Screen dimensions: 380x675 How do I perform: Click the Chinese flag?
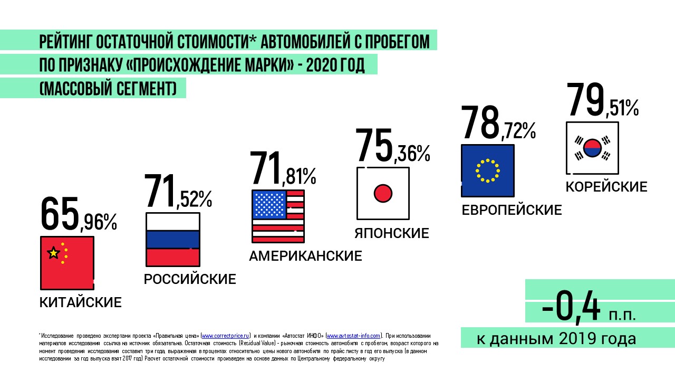(67, 262)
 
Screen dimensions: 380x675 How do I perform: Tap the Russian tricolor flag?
(172, 239)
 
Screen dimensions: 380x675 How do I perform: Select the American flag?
(278, 216)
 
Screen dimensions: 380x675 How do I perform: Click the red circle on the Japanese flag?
(383, 193)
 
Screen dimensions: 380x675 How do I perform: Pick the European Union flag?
(487, 170)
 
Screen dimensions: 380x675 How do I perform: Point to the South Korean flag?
(592, 148)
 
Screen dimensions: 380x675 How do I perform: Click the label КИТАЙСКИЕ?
(80, 302)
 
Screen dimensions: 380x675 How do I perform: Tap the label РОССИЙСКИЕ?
(190, 279)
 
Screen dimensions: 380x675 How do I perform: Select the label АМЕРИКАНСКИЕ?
(305, 256)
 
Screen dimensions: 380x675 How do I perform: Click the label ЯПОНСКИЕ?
(391, 233)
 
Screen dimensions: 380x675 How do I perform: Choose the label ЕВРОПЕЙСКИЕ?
(512, 210)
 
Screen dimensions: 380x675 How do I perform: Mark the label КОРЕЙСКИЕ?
(606, 187)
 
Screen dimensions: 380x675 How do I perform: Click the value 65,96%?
(78, 214)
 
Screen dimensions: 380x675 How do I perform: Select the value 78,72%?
(498, 122)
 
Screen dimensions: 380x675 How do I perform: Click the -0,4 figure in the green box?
(571, 309)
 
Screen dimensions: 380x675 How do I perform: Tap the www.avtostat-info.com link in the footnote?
(353, 336)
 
